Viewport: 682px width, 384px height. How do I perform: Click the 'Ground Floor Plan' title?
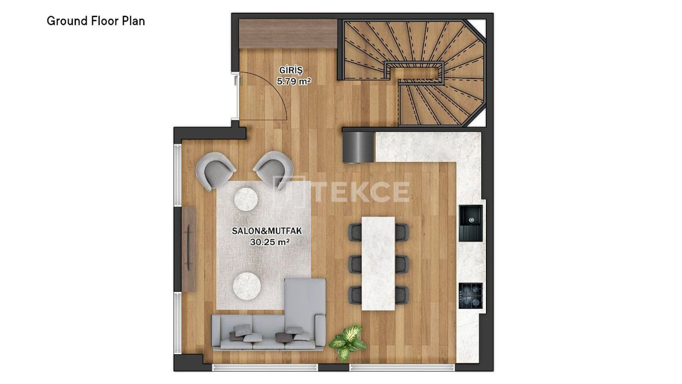96,21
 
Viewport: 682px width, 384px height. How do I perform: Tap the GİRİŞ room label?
291,70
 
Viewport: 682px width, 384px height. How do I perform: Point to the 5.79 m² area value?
294,81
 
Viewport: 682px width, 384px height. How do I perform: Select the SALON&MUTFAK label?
267,231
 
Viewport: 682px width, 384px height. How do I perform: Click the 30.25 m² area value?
270,242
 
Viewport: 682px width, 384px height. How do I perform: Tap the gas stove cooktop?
470,295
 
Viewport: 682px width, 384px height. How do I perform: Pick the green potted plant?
348,341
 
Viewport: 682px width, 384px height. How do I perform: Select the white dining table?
378,263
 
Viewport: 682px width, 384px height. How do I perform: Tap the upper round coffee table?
247,199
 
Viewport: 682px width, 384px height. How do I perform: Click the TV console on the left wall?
190,249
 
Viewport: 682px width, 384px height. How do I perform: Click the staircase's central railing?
416,72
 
